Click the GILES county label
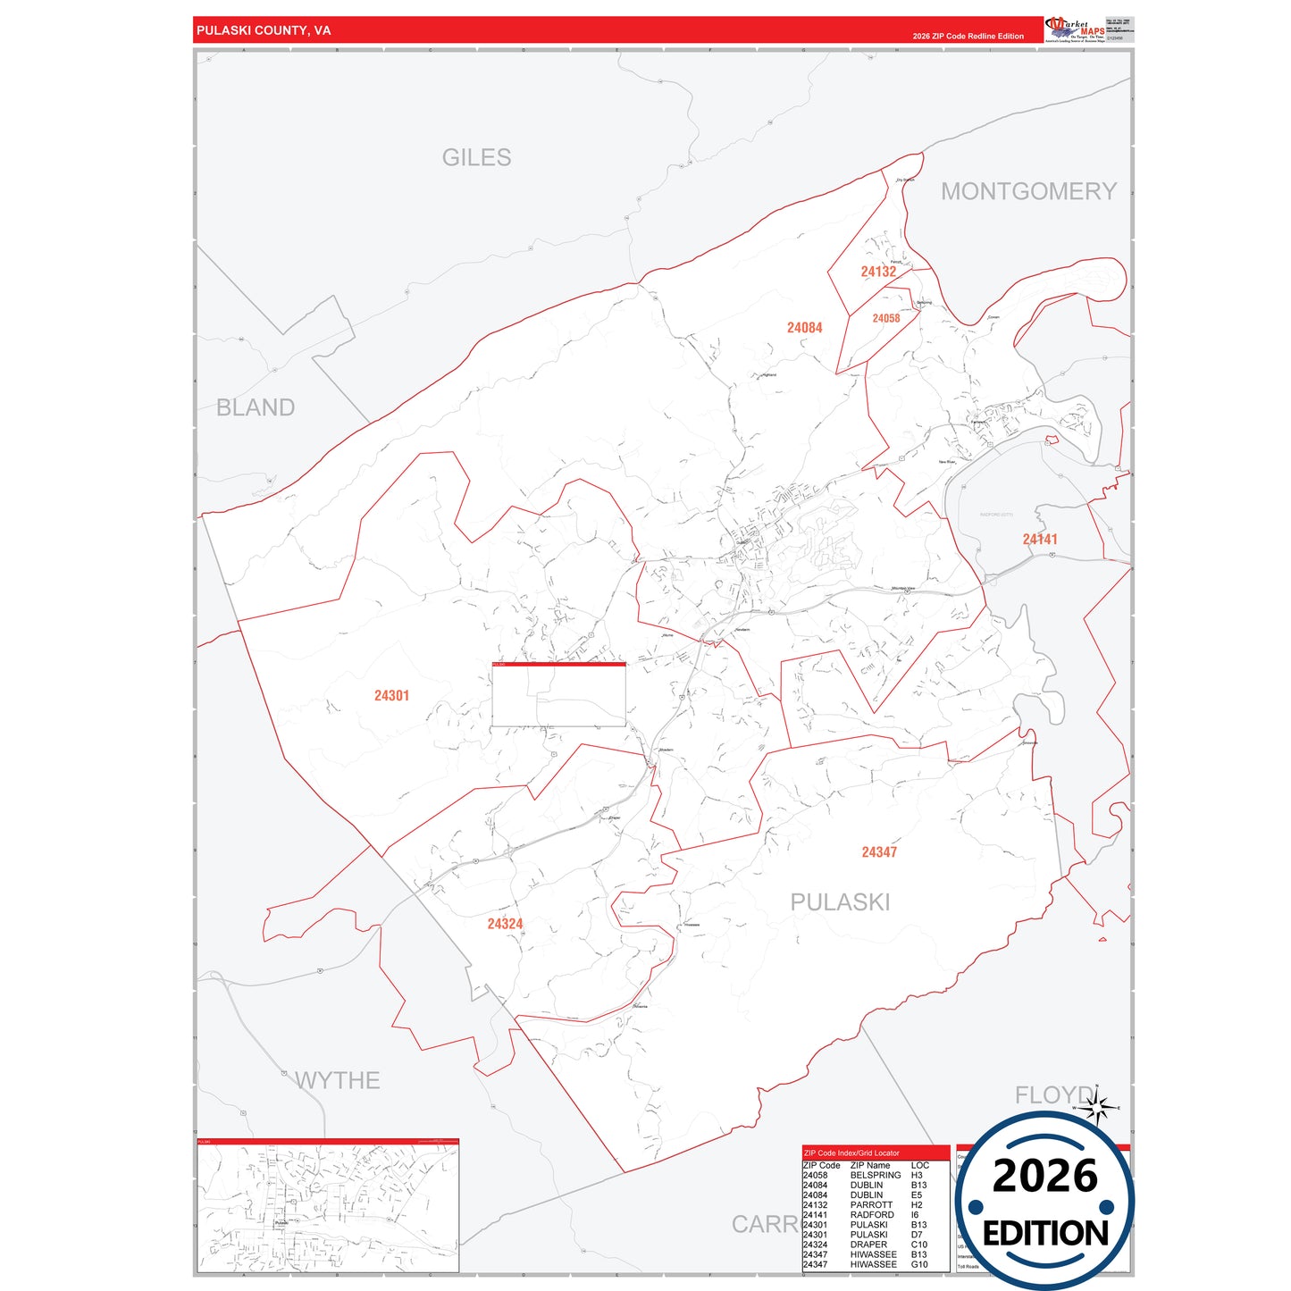[476, 158]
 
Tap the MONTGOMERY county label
[1028, 191]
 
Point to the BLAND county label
[256, 407]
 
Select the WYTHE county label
[338, 1080]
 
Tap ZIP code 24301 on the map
[391, 696]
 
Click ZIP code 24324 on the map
[505, 924]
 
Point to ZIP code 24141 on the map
[1040, 540]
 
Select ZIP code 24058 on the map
[885, 318]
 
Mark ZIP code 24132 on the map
[878, 272]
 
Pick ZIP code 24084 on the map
[804, 328]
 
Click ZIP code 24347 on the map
[879, 852]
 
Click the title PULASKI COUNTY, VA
[264, 30]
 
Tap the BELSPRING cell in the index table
[875, 1175]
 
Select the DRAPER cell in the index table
[868, 1245]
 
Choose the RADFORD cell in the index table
[871, 1215]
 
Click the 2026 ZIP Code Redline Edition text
[968, 37]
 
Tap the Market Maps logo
[1075, 29]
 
